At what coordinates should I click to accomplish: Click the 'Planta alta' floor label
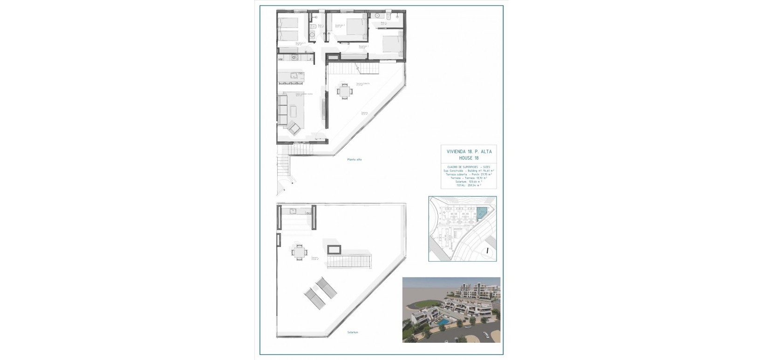(354, 160)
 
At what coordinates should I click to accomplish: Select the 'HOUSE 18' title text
(469, 158)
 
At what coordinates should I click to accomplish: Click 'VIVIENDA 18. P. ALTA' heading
(469, 152)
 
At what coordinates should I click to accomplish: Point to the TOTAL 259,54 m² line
(469, 185)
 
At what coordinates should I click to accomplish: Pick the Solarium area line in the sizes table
(469, 181)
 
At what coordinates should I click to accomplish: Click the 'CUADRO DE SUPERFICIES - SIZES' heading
(469, 167)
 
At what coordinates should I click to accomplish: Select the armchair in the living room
(294, 127)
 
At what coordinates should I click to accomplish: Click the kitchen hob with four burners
(294, 58)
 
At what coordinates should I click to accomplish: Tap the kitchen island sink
(294, 75)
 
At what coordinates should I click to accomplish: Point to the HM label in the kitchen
(281, 60)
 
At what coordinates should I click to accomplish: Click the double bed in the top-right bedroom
(391, 45)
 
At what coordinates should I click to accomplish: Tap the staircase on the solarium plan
(349, 261)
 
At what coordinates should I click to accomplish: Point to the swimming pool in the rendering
(443, 322)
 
